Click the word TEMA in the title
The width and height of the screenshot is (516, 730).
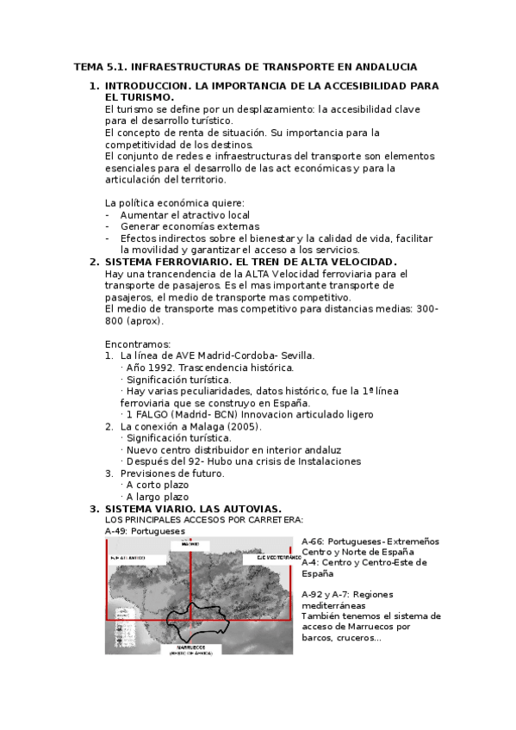point(88,66)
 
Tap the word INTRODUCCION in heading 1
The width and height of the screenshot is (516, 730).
point(148,87)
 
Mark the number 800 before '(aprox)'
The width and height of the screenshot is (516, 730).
point(115,320)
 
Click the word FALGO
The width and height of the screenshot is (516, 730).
point(156,414)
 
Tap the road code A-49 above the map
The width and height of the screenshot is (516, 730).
point(116,532)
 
